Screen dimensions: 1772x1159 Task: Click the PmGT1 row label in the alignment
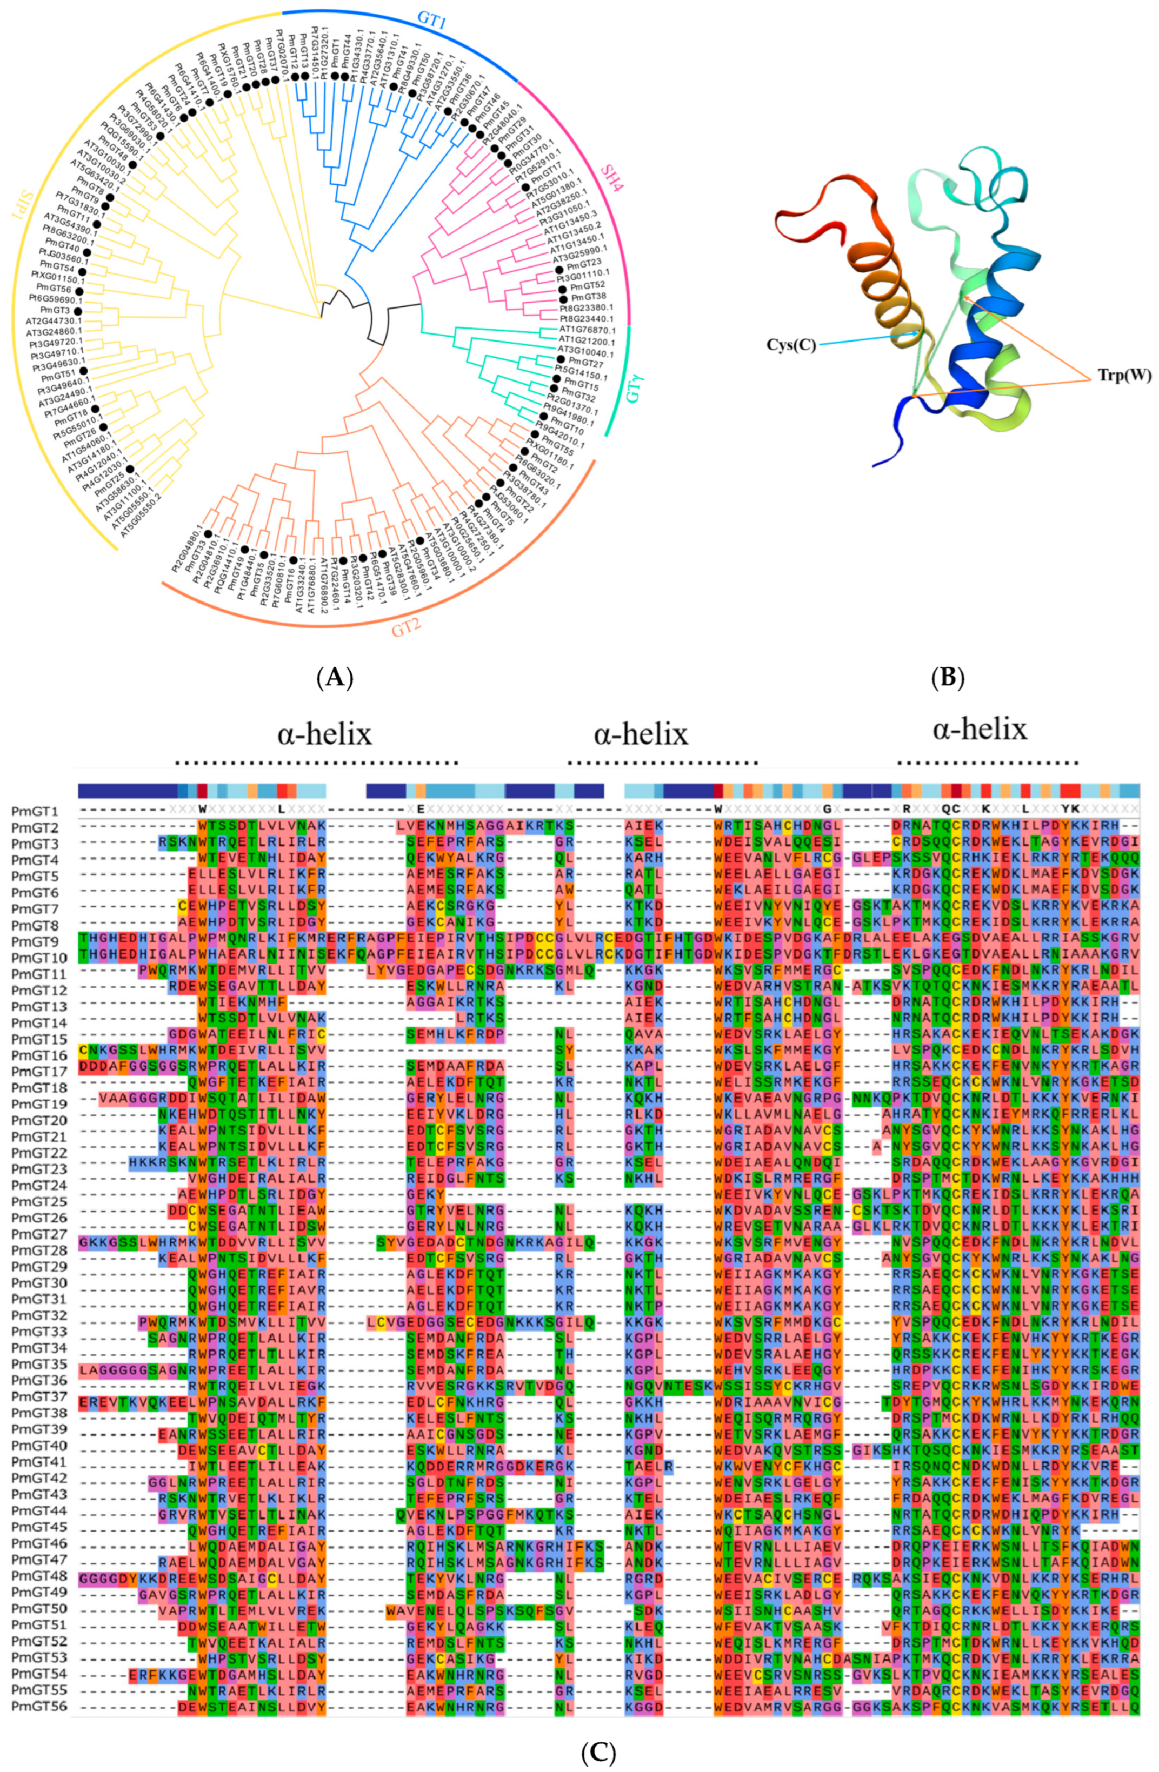point(36,810)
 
